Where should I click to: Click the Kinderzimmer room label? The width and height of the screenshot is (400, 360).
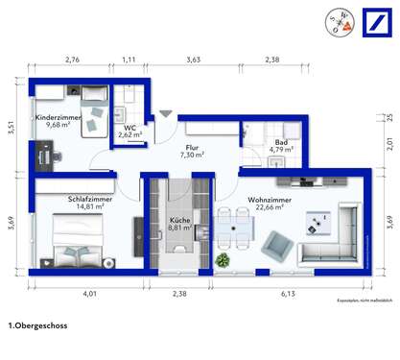click(55, 117)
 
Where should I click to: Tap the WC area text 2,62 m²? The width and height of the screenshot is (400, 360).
click(129, 136)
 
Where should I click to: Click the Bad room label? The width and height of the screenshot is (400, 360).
click(254, 141)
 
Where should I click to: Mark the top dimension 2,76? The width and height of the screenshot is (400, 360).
click(72, 60)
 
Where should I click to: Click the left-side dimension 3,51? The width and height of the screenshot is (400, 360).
click(12, 127)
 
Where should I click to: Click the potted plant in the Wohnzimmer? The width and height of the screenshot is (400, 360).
click(222, 259)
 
